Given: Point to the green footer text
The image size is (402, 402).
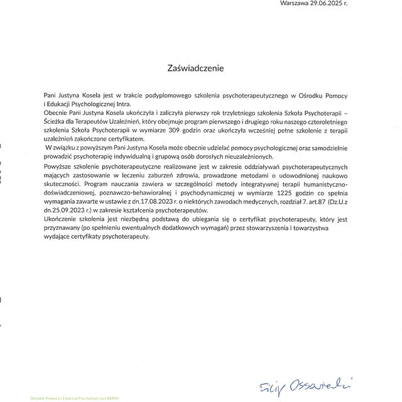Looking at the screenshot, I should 75,398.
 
